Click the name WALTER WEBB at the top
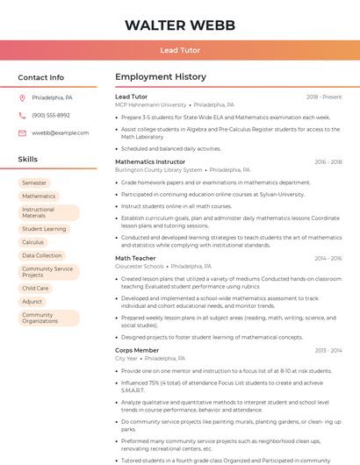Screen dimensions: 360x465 click(180, 25)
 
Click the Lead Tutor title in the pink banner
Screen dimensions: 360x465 click(180, 51)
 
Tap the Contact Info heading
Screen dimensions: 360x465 click(41, 77)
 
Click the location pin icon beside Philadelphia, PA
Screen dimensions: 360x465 click(22, 97)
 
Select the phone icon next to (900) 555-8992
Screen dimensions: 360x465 click(22, 115)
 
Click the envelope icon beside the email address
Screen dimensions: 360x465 click(22, 132)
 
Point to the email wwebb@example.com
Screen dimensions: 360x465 click(61, 132)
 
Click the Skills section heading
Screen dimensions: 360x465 click(28, 160)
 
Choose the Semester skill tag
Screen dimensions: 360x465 click(34, 182)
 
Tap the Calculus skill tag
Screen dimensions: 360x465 click(32, 242)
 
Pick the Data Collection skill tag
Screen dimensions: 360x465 click(41, 255)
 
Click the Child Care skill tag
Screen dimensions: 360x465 click(35, 288)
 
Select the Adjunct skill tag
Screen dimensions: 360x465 click(32, 301)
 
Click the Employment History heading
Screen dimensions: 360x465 click(161, 77)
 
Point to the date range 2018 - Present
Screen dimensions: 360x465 click(324, 97)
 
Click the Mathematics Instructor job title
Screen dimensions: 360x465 click(150, 161)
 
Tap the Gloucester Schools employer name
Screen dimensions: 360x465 click(140, 266)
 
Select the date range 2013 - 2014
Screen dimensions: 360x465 click(328, 350)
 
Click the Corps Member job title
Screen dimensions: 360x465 click(137, 350)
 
